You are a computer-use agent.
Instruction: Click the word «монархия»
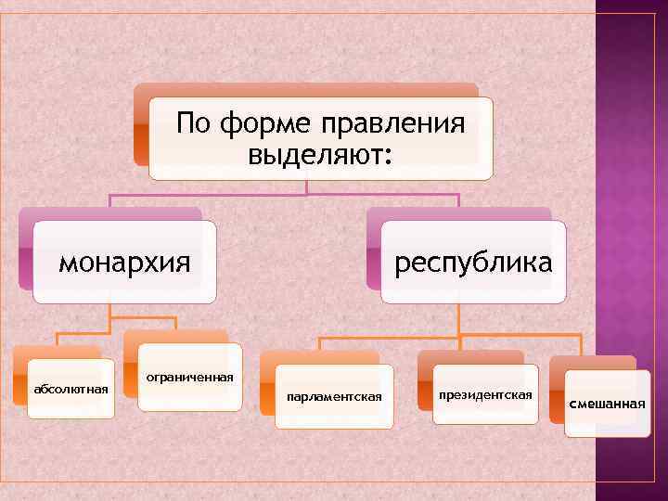coord(124,263)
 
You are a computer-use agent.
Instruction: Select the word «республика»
coord(473,263)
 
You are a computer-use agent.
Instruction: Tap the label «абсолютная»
coord(71,388)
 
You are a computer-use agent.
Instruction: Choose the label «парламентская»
coord(335,397)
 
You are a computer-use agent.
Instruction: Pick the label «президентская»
coord(486,395)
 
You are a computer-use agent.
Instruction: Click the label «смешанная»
coord(607,403)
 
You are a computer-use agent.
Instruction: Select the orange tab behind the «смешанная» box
coord(594,363)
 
